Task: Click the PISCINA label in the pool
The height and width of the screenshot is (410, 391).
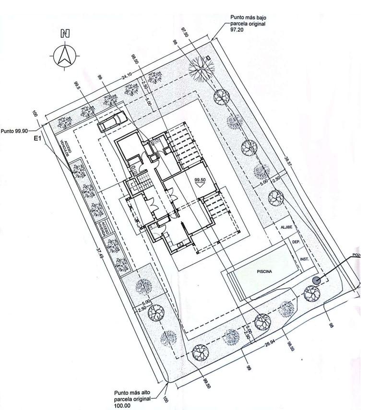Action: (x=264, y=271)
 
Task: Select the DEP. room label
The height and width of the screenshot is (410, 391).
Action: (x=296, y=242)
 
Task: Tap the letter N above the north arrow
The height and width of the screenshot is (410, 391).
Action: (x=65, y=34)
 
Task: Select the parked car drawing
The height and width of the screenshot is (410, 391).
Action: (x=111, y=120)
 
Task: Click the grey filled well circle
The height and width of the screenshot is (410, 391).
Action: (x=316, y=281)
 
